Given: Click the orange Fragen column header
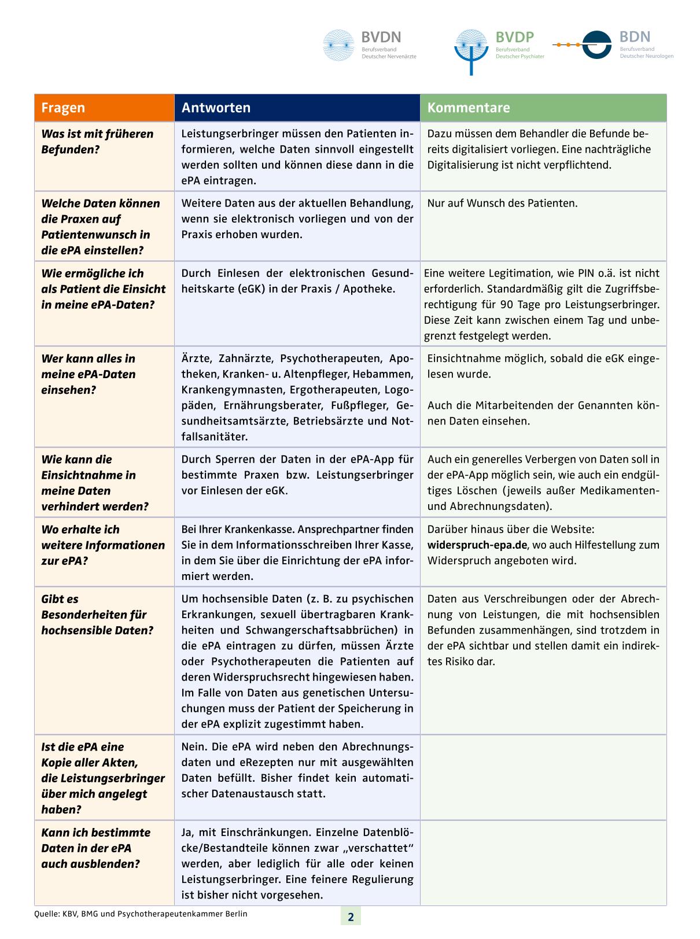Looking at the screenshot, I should click(x=63, y=108).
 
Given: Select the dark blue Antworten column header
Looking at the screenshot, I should click(x=216, y=108).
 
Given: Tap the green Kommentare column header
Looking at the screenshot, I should click(x=469, y=108).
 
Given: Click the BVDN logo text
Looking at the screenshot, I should click(x=381, y=38).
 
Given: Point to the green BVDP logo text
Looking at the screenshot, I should click(x=514, y=38).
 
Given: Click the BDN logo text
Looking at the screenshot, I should click(x=635, y=37).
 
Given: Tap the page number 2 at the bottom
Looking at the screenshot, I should click(x=351, y=917).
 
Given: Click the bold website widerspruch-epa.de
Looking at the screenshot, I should click(x=477, y=545).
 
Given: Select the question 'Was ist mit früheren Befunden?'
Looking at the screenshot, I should click(x=97, y=142).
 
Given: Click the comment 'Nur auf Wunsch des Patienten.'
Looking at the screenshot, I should click(x=502, y=204).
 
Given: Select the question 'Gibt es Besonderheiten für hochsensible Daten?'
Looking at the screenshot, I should click(x=97, y=615).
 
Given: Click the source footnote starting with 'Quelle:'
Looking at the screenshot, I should click(x=141, y=914).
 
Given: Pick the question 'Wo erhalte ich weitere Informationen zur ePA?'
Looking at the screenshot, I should click(x=102, y=545).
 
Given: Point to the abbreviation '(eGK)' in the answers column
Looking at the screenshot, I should click(x=252, y=289).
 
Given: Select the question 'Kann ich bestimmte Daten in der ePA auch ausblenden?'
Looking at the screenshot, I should click(x=95, y=848).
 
